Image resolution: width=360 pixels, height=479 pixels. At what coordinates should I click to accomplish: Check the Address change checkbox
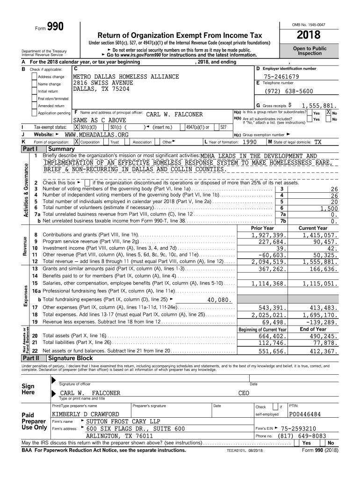click(34, 77)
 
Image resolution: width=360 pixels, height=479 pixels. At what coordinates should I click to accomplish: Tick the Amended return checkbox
click(34, 106)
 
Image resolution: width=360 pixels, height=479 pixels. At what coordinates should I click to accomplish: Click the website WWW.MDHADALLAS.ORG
click(96, 134)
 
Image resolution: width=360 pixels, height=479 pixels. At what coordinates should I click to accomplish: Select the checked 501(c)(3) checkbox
click(77, 127)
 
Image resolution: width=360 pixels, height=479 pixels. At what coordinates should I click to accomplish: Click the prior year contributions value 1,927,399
click(268, 235)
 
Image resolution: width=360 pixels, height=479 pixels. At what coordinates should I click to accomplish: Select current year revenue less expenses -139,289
click(321, 323)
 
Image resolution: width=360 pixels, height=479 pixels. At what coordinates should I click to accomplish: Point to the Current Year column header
click(313, 228)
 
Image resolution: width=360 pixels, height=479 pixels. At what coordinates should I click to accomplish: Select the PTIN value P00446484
click(305, 414)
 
